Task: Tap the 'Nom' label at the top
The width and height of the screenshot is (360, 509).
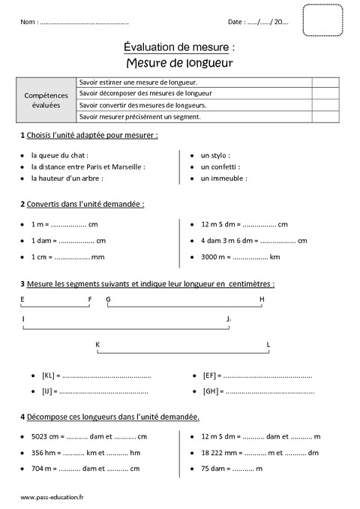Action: pyautogui.click(x=29, y=22)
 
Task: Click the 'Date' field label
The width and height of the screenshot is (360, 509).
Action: pyautogui.click(x=236, y=22)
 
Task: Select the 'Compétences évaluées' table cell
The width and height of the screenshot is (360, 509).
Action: pyautogui.click(x=46, y=100)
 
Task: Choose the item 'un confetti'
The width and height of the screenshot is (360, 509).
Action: pyautogui.click(x=220, y=166)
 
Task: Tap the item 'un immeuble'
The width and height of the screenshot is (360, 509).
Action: pyautogui.click(x=223, y=178)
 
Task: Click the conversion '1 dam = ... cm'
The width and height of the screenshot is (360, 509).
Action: pyautogui.click(x=67, y=241)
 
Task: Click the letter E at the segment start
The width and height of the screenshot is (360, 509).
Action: pyautogui.click(x=22, y=299)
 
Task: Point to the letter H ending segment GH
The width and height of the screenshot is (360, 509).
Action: pyautogui.click(x=262, y=299)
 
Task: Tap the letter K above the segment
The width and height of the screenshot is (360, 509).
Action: pyautogui.click(x=97, y=344)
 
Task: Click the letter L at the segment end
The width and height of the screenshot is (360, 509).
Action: pyautogui.click(x=268, y=344)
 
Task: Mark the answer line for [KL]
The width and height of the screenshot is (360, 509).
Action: pyautogui.click(x=105, y=375)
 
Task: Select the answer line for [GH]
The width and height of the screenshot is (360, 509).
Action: pyautogui.click(x=268, y=391)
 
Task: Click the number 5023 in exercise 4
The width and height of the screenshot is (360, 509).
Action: pyautogui.click(x=40, y=436)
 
